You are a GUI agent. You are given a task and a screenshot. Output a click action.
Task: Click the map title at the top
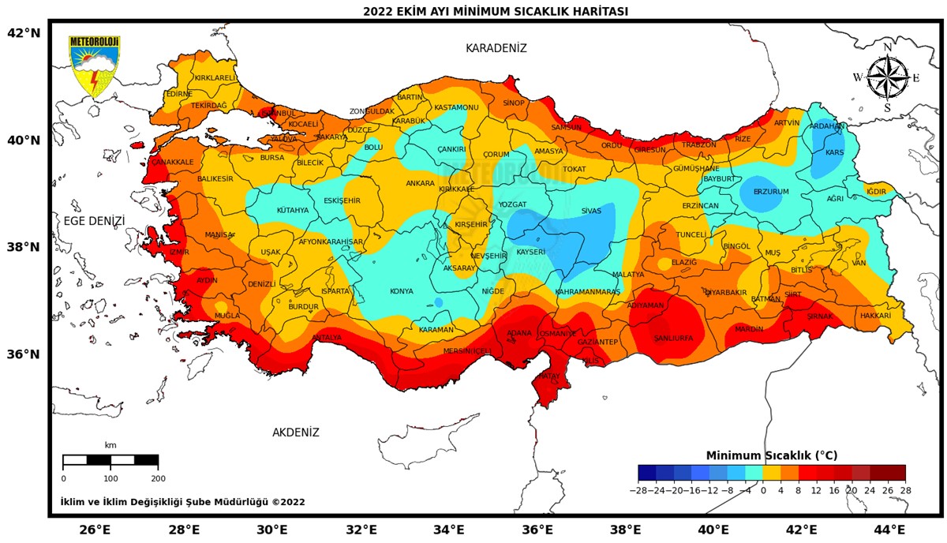[496, 11]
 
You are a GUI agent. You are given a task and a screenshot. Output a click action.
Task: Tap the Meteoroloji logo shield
[94, 66]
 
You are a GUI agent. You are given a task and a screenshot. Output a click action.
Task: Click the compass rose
[887, 77]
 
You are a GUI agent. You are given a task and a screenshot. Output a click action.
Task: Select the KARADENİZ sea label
[496, 48]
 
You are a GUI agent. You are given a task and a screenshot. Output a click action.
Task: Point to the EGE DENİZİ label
[94, 221]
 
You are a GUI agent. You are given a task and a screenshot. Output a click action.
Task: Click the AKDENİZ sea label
[296, 433]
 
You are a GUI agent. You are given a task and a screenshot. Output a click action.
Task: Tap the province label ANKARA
[420, 184]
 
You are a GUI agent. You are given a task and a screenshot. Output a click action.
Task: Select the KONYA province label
[402, 291]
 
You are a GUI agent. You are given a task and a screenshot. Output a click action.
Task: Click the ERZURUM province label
[770, 192]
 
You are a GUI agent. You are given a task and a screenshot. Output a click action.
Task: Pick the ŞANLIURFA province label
[673, 338]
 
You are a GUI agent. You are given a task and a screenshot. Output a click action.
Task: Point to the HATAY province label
[548, 376]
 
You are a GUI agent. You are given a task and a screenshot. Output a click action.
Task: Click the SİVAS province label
[591, 212]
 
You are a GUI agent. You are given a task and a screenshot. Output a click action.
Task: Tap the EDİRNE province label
[178, 94]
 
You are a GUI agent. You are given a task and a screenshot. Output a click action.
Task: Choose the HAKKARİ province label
[875, 316]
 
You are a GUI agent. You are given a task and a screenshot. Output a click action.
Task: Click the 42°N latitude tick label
[23, 33]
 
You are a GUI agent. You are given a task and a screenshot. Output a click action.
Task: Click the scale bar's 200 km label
[158, 478]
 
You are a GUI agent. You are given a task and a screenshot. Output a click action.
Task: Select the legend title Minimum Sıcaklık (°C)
[771, 455]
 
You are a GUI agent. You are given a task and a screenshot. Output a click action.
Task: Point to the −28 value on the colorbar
[638, 490]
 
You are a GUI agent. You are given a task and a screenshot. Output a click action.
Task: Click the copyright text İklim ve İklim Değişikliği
[182, 502]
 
